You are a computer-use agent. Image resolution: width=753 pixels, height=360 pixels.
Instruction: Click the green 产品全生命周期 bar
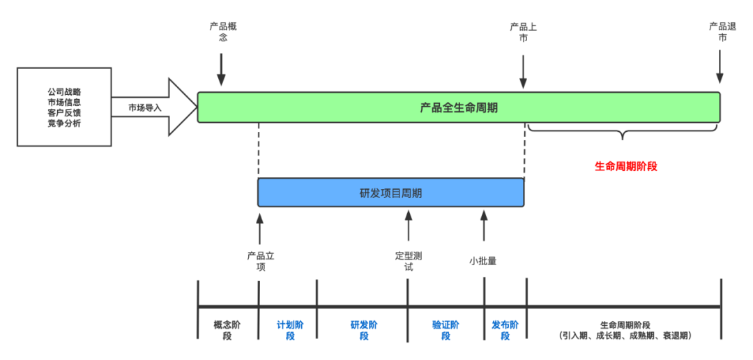(458, 107)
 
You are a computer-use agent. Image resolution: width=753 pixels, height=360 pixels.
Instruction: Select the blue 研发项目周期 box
(390, 193)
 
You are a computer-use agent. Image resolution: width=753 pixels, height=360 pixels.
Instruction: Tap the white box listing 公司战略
(64, 107)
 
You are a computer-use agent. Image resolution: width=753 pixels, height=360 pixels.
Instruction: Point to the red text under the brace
(626, 166)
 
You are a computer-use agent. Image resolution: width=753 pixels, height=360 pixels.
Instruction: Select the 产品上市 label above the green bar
(523, 32)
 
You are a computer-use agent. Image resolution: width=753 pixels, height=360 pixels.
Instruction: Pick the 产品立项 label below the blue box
(261, 261)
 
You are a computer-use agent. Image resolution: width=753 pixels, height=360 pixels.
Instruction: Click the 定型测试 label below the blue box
(408, 261)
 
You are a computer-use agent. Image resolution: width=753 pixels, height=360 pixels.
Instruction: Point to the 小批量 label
(482, 261)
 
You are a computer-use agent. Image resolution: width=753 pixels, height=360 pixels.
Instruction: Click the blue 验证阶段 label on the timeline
(446, 331)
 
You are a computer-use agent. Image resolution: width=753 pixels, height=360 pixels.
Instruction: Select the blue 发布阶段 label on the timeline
(505, 331)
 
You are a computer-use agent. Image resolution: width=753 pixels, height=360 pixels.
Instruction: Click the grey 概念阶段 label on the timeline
(227, 331)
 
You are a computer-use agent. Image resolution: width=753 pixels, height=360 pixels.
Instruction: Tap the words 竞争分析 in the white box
(64, 123)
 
